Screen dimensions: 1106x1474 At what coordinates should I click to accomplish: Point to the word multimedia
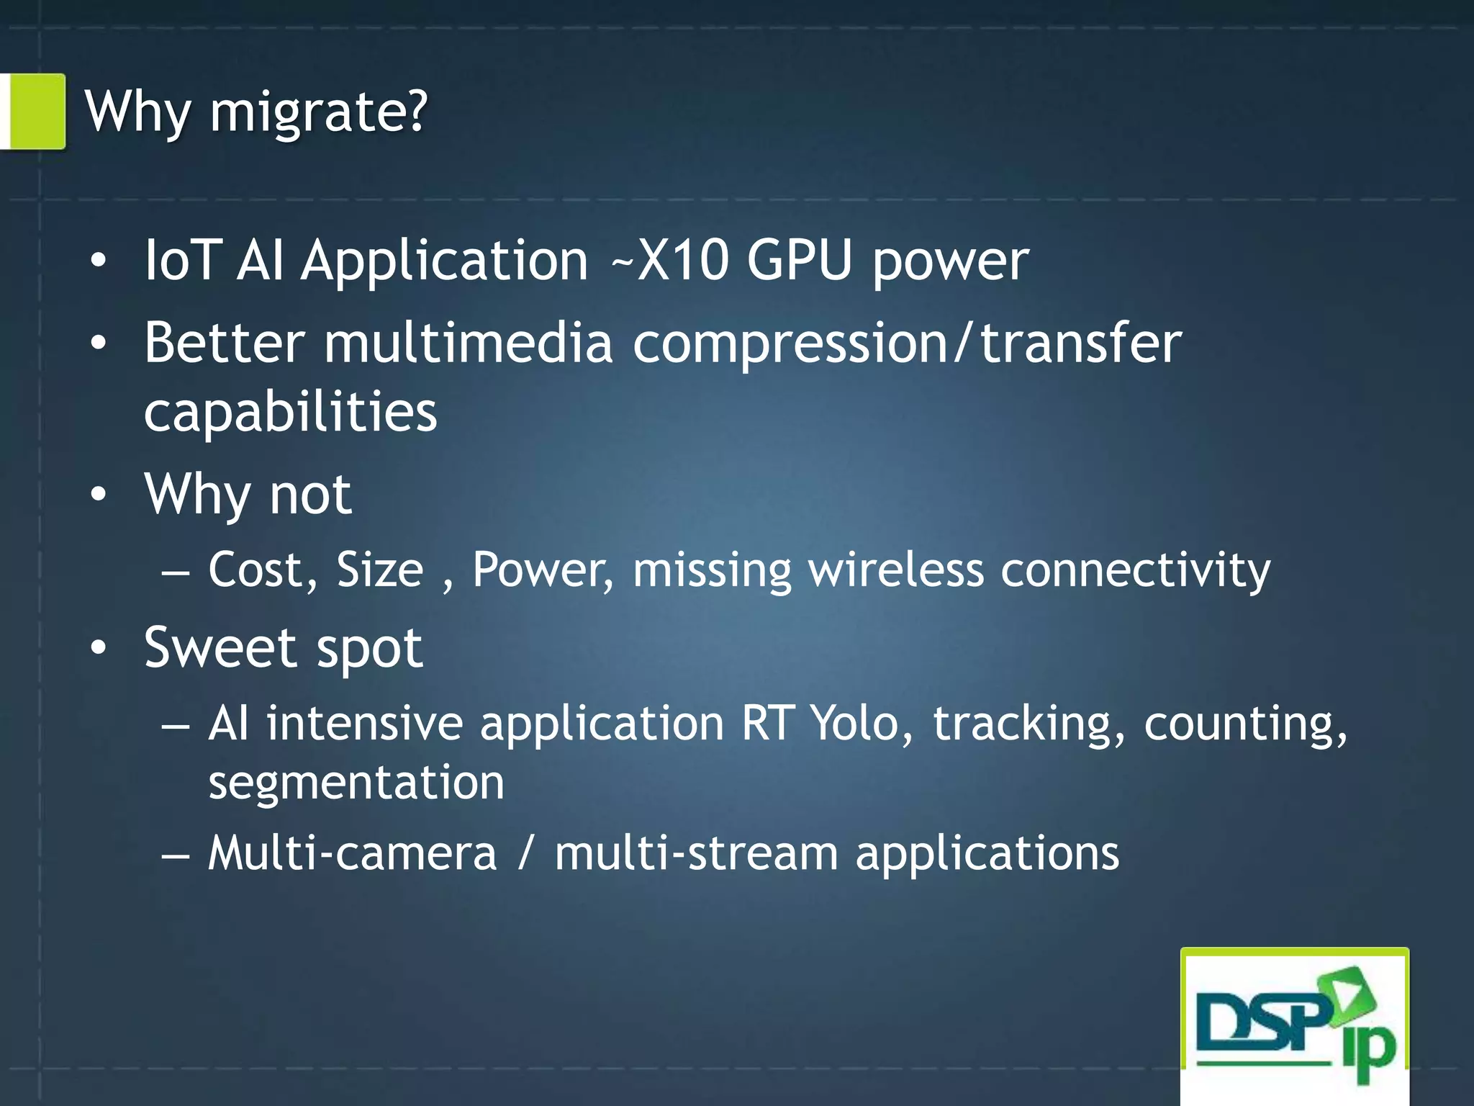(x=468, y=343)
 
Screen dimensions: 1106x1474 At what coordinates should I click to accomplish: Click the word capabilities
(x=290, y=412)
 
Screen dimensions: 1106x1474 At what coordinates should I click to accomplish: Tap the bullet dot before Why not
(x=99, y=495)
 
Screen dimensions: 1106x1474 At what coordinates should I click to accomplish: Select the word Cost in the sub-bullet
(x=263, y=570)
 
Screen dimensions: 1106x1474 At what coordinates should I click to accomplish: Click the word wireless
(x=896, y=570)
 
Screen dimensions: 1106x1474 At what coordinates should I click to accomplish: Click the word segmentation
(x=356, y=783)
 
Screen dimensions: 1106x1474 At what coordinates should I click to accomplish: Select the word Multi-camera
(x=353, y=853)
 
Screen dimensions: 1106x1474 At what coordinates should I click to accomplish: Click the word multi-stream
(x=696, y=853)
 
